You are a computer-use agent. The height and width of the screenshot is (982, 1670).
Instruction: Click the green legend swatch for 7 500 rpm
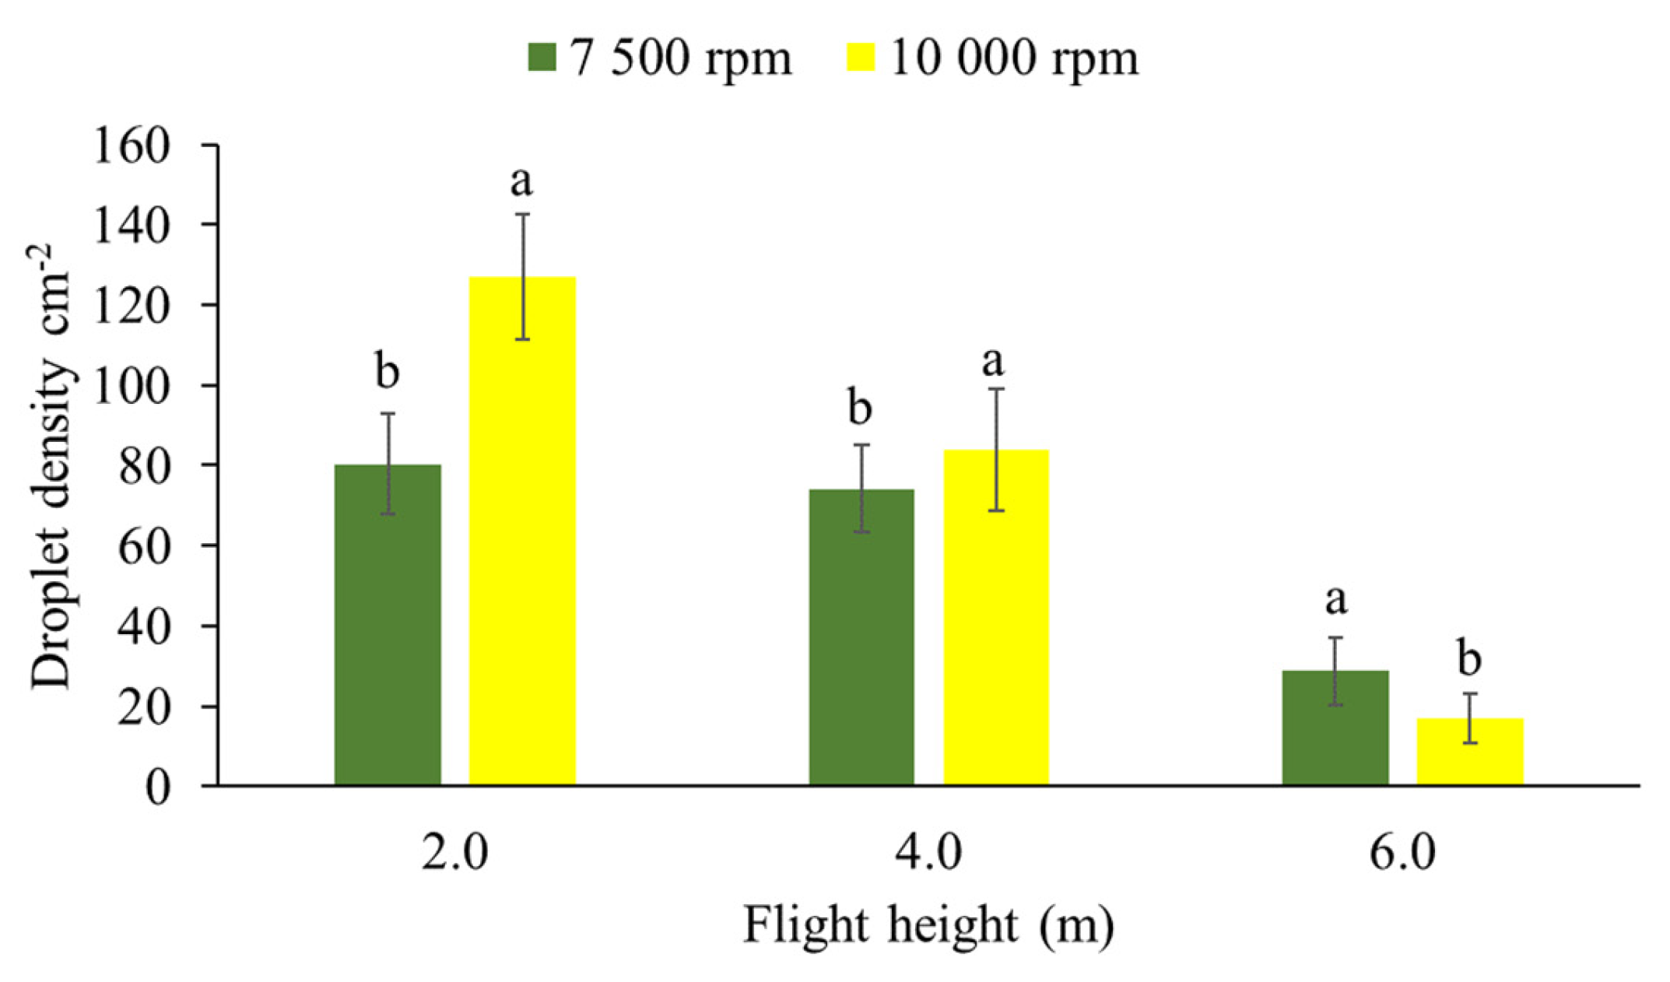[x=542, y=57]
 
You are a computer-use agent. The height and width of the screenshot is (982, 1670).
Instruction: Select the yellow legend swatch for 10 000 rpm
[x=861, y=57]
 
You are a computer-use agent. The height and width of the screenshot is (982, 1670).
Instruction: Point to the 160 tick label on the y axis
[x=132, y=146]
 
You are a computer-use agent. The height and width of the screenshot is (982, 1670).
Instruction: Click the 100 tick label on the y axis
[x=132, y=386]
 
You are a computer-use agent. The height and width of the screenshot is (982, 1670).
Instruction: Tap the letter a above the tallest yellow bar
[x=521, y=182]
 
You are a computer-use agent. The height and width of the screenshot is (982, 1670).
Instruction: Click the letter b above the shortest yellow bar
[x=1469, y=659]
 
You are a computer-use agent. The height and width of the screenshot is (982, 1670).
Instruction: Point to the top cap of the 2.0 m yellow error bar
[x=523, y=214]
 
